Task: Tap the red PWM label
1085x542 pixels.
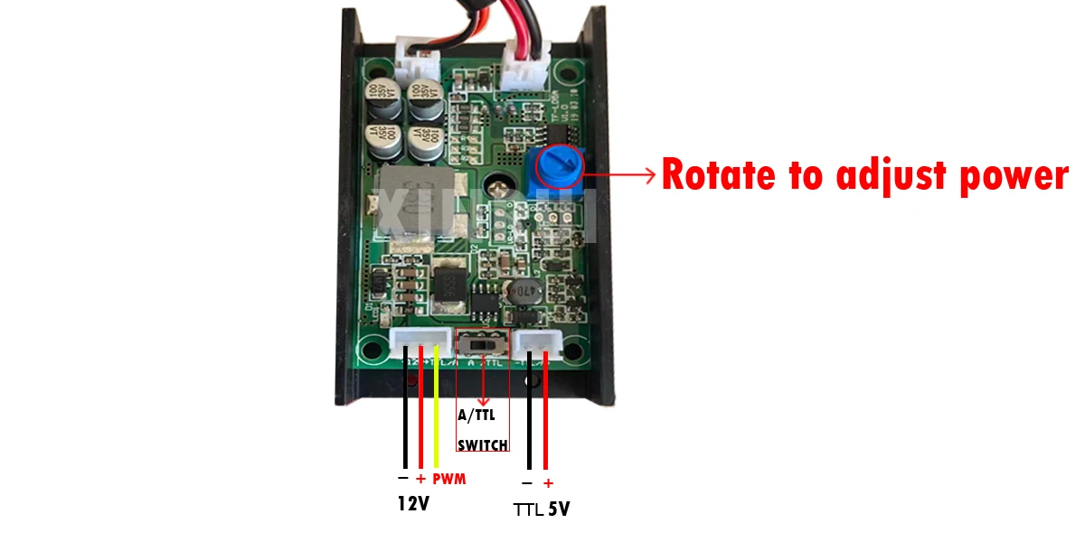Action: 448,479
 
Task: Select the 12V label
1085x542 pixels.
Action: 413,504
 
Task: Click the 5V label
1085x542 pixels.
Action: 559,509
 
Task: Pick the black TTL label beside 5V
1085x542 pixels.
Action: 528,509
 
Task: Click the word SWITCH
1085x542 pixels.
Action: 482,445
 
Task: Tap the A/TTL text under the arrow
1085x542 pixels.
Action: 476,416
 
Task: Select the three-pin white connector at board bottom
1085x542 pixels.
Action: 420,343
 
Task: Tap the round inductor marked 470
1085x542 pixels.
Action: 520,292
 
